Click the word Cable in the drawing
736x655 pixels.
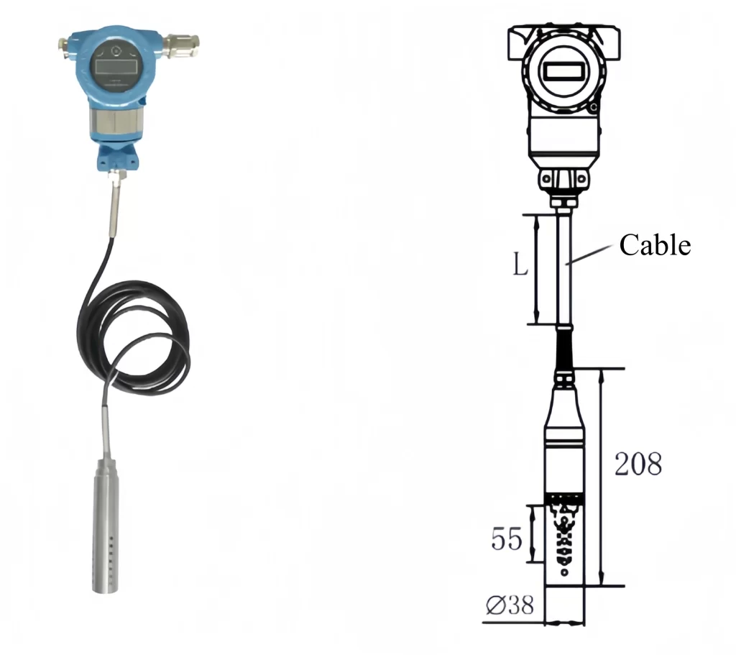(655, 245)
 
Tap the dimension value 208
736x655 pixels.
(638, 464)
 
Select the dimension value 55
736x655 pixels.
(506, 538)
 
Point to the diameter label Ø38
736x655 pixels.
(510, 606)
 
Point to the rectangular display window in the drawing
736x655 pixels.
(563, 70)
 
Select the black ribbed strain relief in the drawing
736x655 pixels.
(564, 349)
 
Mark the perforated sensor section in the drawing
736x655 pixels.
(564, 536)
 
